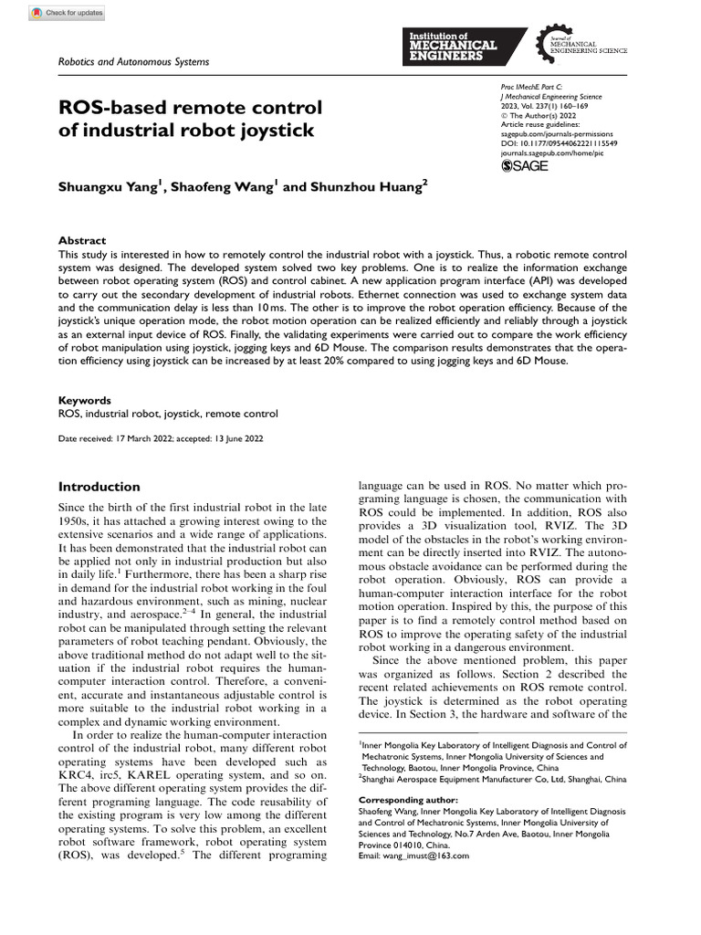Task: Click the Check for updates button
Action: pos(68,13)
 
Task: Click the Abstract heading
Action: pos(82,239)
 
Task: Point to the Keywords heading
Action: pos(85,400)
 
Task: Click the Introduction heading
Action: pos(99,487)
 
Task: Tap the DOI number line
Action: pos(560,143)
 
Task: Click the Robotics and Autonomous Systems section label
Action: pos(133,62)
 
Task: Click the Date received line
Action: pos(161,439)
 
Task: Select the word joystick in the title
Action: pos(270,131)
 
